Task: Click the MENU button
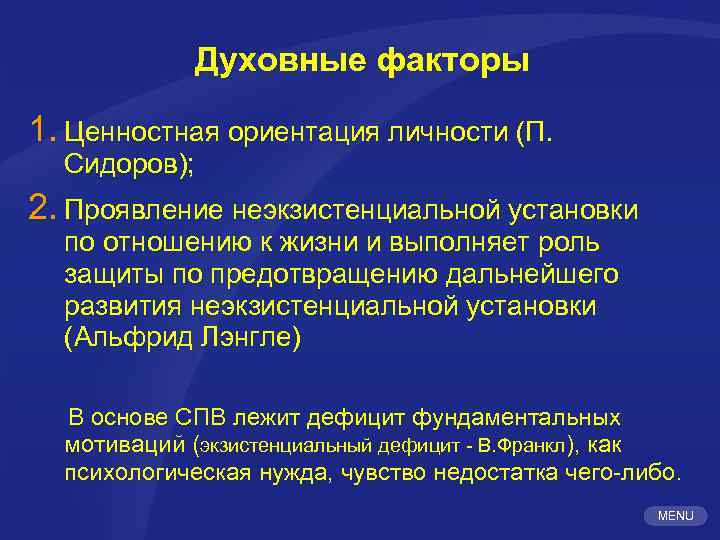click(x=676, y=515)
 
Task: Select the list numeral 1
click(x=40, y=129)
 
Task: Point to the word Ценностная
click(x=140, y=132)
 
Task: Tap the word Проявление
click(x=143, y=212)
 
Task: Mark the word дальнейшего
click(x=542, y=274)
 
